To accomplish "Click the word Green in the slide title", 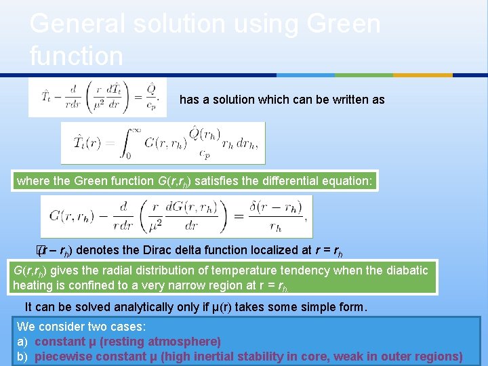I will pyautogui.click(x=344, y=24).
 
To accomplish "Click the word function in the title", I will pyautogui.click(x=77, y=56).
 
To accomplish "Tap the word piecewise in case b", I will pyautogui.click(x=62, y=357).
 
